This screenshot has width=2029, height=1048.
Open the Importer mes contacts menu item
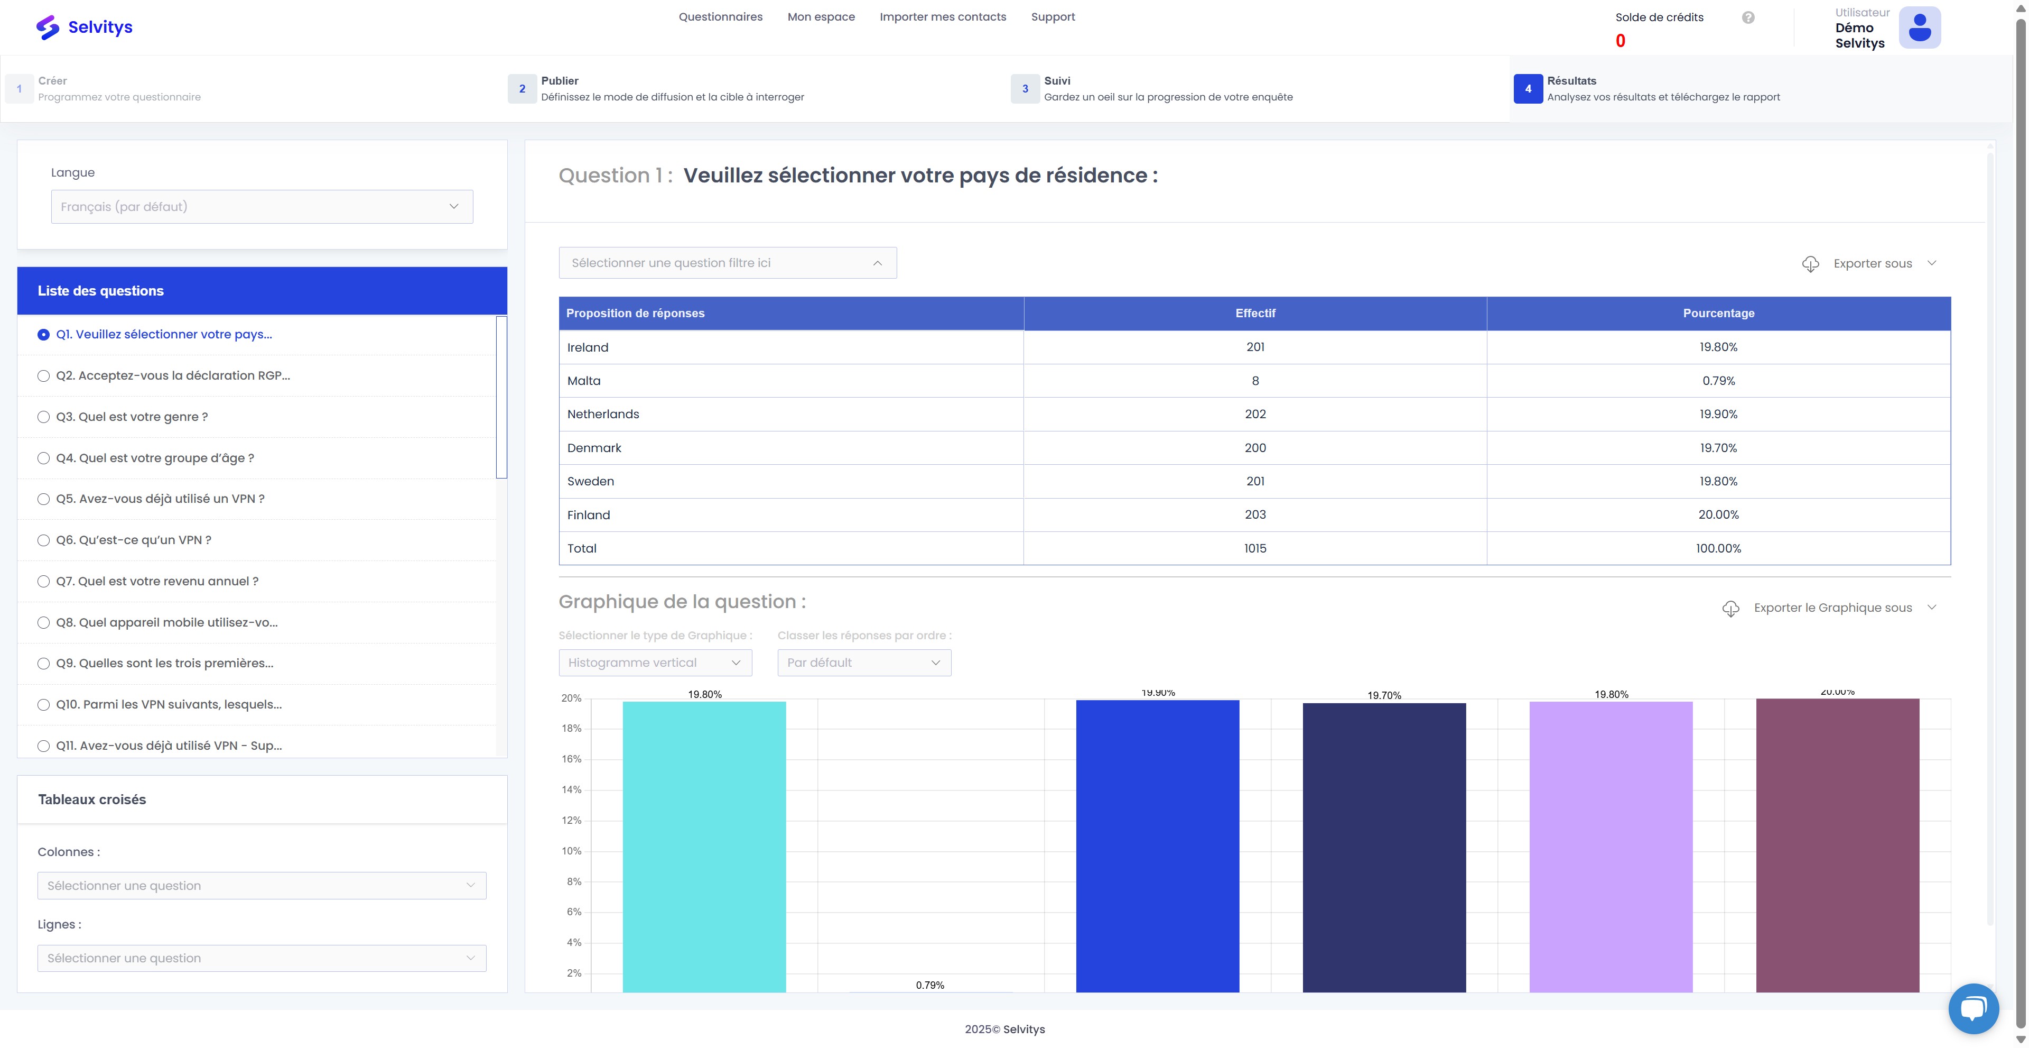[943, 16]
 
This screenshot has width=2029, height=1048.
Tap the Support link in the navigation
[1053, 16]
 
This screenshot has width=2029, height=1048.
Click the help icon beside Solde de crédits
[1748, 17]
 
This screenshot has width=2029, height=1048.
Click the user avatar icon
[1920, 27]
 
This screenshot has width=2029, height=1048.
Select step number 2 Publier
[522, 88]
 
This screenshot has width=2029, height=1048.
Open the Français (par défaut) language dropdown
[262, 206]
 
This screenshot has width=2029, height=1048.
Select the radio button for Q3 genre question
[43, 417]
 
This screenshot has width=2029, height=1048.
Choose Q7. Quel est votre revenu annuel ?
[157, 581]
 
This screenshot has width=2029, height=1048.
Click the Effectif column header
[1255, 313]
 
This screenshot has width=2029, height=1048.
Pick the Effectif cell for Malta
[1255, 381]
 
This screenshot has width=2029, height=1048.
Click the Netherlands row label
[603, 413]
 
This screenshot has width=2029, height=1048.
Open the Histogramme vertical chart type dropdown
[655, 663]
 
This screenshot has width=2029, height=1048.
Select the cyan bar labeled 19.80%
[704, 847]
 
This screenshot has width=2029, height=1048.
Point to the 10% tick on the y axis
[571, 851]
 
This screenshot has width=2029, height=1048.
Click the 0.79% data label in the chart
[930, 985]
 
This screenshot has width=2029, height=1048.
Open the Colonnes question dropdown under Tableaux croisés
[262, 886]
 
